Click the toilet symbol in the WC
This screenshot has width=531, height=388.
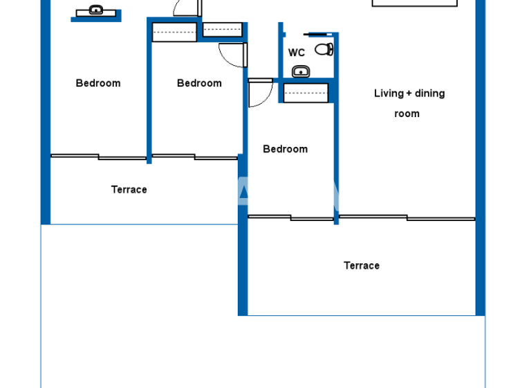coord(324,49)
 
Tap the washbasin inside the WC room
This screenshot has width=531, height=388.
coord(301,71)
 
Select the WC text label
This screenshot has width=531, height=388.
coord(297,53)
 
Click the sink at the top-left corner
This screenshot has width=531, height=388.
coord(96,10)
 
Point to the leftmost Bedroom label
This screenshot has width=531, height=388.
coord(97,83)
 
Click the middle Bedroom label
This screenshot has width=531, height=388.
coord(199,83)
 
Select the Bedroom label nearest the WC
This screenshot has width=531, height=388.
coord(285,149)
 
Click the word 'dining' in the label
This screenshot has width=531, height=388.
coord(429,94)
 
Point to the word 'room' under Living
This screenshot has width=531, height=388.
coord(407,114)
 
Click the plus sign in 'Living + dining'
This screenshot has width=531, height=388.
coord(409,94)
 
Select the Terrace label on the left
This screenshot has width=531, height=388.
coord(129,189)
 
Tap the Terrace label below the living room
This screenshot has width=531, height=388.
coord(362,265)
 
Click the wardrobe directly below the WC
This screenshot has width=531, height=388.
coord(305,93)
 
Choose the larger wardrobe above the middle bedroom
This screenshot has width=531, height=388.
coord(174,33)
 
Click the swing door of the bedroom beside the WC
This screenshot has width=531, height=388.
coord(260,92)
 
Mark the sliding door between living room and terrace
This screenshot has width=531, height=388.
coord(407,218)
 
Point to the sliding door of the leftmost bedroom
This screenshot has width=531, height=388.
coord(98,157)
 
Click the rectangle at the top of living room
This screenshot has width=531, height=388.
coord(414,3)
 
